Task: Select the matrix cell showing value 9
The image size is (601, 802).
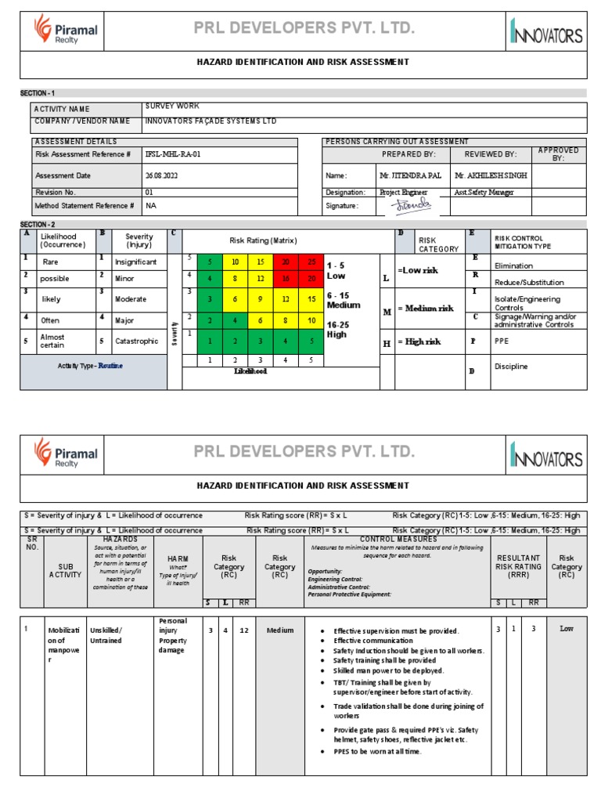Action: pyautogui.click(x=259, y=298)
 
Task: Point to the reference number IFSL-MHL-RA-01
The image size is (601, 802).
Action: pyautogui.click(x=173, y=154)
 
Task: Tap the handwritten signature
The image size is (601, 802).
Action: pyautogui.click(x=412, y=204)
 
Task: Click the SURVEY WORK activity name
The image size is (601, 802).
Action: pyautogui.click(x=172, y=106)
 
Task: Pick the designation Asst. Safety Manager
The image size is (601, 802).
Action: pyautogui.click(x=484, y=192)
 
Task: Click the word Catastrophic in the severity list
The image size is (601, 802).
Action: pyautogui.click(x=137, y=341)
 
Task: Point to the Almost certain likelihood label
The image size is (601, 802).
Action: pyautogui.click(x=52, y=341)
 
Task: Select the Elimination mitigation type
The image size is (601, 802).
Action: pyautogui.click(x=513, y=266)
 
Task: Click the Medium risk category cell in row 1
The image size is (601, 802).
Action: pyautogui.click(x=279, y=630)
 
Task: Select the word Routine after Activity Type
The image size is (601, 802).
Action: pyautogui.click(x=111, y=366)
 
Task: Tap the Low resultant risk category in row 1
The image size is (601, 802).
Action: pyautogui.click(x=566, y=629)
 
